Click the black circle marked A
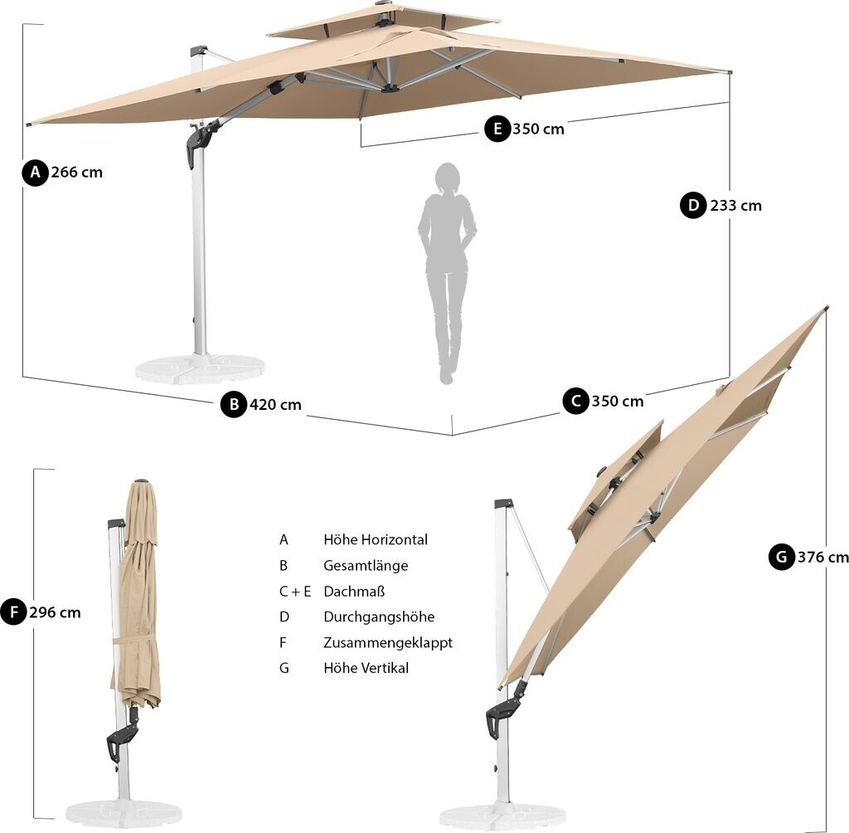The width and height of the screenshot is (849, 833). (35, 173)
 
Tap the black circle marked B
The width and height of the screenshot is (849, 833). (234, 405)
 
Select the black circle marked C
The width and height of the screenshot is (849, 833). (575, 402)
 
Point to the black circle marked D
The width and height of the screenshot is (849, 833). (694, 205)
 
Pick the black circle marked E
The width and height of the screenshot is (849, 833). (497, 129)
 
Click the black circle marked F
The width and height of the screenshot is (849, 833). (13, 613)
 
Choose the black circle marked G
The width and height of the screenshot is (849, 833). (782, 557)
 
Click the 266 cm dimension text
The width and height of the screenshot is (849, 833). (77, 173)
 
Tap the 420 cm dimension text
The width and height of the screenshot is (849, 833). (276, 405)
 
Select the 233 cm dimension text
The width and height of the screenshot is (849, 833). (736, 205)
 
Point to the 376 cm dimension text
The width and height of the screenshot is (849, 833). (822, 557)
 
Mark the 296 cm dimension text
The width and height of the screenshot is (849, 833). (55, 613)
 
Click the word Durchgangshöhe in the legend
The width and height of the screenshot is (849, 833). (379, 616)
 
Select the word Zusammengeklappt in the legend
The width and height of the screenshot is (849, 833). (388, 642)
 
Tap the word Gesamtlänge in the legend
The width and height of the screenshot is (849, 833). (366, 565)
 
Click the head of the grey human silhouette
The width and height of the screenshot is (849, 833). (448, 178)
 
